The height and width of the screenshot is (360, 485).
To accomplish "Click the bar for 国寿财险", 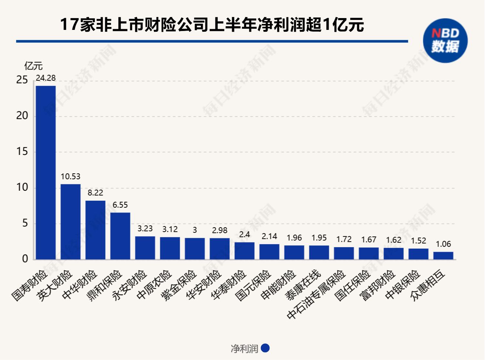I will (x=46, y=173).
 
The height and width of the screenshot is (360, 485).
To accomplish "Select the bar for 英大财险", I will (x=70, y=222).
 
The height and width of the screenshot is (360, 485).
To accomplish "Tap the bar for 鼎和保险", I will (x=120, y=236).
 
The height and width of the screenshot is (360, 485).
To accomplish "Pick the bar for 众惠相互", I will (x=443, y=256).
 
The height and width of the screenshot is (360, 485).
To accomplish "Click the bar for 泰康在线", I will (x=319, y=253).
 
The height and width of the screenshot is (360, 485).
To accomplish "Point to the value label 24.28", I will (x=46, y=78).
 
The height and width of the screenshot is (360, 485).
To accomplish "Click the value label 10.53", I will (x=70, y=177).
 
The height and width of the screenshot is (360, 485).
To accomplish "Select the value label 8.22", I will (x=95, y=193).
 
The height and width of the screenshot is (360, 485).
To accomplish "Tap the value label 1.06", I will (x=443, y=244).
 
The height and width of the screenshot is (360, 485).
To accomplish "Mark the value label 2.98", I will (x=220, y=231).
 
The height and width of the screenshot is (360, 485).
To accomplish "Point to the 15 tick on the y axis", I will (x=22, y=152).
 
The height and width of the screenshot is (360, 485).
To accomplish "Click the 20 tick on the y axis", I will (x=22, y=116).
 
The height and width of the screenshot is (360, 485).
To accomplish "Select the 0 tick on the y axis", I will (x=25, y=259).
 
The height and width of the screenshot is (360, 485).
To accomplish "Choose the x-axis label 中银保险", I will (x=403, y=284).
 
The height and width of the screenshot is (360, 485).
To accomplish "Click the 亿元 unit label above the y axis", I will (x=34, y=66).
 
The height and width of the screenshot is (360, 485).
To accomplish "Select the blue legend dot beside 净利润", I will (x=265, y=348).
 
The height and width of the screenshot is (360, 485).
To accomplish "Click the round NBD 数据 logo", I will (x=445, y=40).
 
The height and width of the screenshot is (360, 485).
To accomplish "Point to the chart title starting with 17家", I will (x=212, y=25).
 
